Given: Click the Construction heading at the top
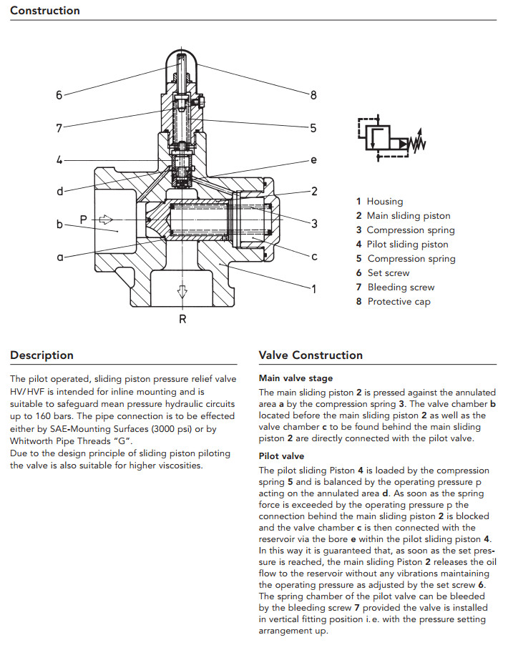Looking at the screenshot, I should tap(45, 11).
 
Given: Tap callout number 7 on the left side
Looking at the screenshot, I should tap(59, 128).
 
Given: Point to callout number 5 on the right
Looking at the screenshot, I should tap(313, 128).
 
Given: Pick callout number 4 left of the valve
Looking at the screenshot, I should tap(59, 160).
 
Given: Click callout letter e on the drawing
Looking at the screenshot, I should tap(313, 160).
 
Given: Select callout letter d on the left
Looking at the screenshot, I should tap(59, 191).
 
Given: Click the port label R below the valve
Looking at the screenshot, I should tap(182, 320).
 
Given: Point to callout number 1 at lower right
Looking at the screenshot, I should tap(313, 289).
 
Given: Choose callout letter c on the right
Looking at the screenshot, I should tap(313, 256).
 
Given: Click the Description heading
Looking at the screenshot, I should tap(41, 355).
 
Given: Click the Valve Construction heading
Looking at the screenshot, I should tap(311, 355).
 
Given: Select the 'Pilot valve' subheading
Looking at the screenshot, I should tap(281, 456).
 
